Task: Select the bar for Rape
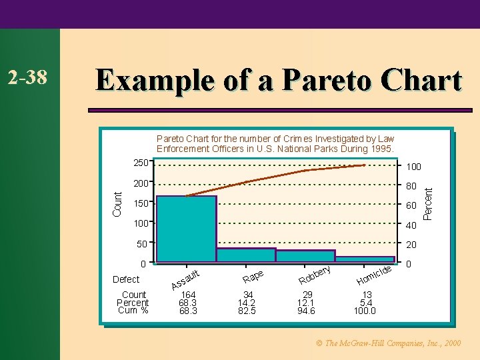click(x=246, y=255)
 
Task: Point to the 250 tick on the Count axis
click(x=141, y=163)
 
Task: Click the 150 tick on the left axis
click(x=141, y=203)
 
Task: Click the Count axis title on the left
click(x=117, y=203)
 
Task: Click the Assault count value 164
click(x=189, y=295)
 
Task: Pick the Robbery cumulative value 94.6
click(x=307, y=311)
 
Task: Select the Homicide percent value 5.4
click(x=366, y=303)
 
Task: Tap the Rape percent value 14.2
click(x=248, y=303)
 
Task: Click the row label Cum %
click(x=133, y=311)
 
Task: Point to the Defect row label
click(x=126, y=279)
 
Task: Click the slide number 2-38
click(x=27, y=78)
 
